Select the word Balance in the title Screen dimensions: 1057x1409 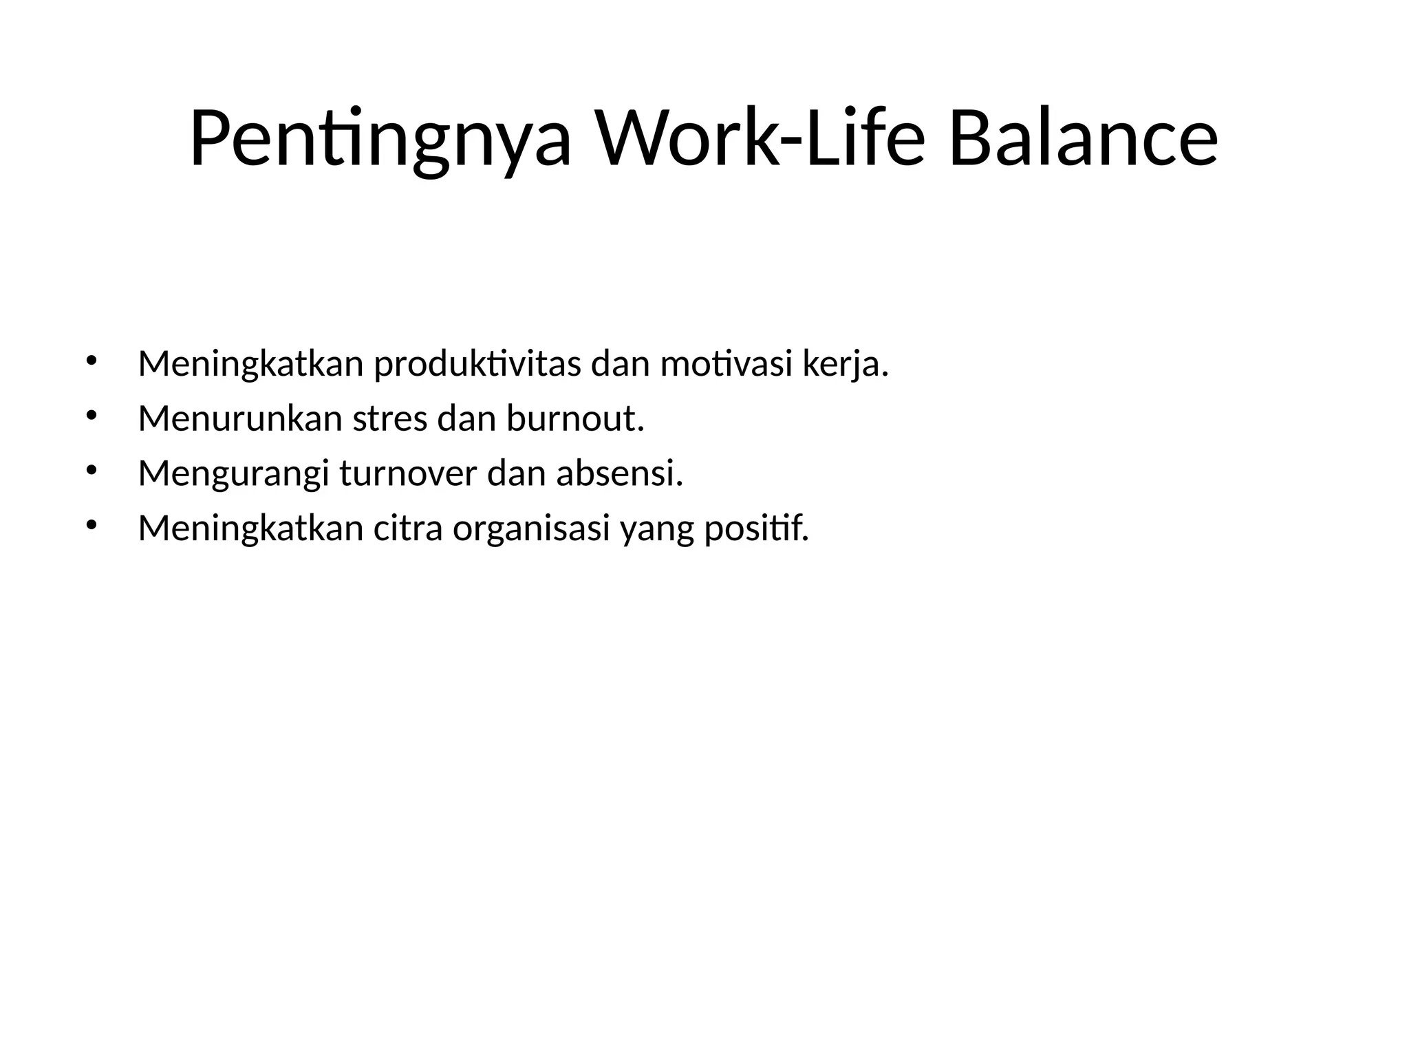[1083, 140]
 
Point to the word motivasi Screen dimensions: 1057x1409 [727, 364]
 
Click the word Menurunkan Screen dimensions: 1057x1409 [240, 418]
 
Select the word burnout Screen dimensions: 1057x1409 [575, 418]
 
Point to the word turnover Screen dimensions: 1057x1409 [408, 473]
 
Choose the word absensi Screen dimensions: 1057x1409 [619, 473]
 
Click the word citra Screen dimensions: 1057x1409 [408, 528]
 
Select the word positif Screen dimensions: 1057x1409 [756, 528]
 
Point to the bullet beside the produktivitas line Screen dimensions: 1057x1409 [91, 360]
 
